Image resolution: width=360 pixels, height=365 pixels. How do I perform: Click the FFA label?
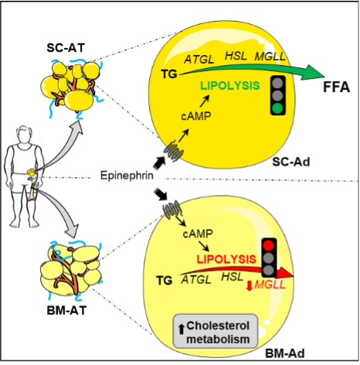pos(336,87)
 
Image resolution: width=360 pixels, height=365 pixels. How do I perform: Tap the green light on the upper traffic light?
pos(278,107)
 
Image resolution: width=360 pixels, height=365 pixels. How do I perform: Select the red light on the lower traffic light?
pos(270,245)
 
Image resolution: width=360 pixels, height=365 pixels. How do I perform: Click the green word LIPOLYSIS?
pos(230,86)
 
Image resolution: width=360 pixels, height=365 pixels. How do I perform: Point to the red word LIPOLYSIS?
pos(226,259)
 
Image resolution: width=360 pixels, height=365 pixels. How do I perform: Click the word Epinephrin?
pos(127,176)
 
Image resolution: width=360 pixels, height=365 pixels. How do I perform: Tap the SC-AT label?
pos(66,48)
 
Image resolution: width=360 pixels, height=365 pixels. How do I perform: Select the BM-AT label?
pos(66,310)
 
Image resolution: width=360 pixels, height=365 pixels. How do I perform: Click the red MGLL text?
pos(270,285)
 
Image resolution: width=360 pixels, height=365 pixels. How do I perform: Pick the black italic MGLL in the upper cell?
pos(270,56)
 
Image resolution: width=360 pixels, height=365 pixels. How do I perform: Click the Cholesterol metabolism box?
pos(216,331)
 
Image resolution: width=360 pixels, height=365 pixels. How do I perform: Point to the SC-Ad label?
pos(291,162)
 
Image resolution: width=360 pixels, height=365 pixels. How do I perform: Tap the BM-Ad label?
pos(285,353)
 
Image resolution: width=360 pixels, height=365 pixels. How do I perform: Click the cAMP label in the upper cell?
pos(196,116)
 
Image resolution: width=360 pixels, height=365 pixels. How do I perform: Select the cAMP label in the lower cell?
pos(198,234)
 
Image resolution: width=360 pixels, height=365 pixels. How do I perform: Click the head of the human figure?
pos(25,134)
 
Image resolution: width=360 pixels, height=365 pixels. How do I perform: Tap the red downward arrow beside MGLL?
pos(249,286)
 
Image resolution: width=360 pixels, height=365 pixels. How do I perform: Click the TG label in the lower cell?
pos(164,280)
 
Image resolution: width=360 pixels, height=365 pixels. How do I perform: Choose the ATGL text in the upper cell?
pos(199,60)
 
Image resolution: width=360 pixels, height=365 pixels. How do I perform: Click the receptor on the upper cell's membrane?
pos(174,152)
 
